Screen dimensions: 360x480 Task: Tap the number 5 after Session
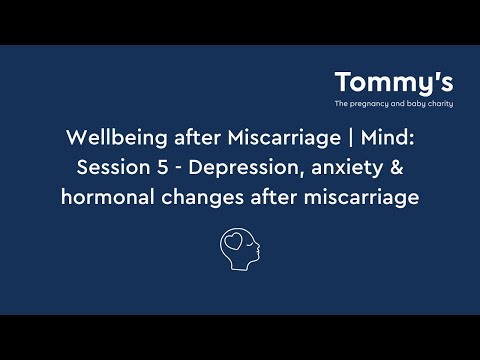click(158, 167)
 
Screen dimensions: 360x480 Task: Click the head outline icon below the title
click(240, 249)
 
